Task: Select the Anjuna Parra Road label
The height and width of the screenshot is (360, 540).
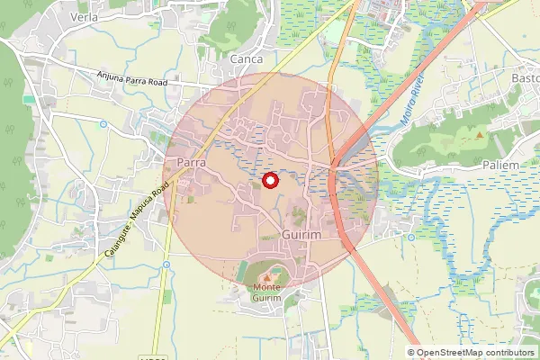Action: pos(133,79)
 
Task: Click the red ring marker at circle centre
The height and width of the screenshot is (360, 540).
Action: pos(268,182)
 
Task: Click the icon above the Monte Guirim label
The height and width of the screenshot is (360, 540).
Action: pos(267,273)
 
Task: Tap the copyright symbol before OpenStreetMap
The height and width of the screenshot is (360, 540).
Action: pos(411,353)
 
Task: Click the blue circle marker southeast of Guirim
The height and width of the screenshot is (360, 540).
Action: pos(410,238)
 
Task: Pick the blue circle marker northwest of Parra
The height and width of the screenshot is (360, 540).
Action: pos(103,124)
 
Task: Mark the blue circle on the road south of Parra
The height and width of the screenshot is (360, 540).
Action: pos(166,264)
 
